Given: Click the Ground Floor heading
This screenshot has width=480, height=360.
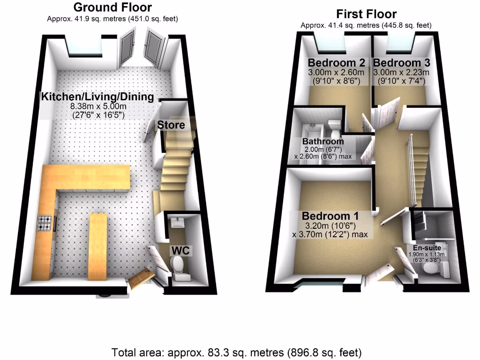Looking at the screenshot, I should click(112, 7).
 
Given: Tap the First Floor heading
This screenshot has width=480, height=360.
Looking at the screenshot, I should click(366, 14).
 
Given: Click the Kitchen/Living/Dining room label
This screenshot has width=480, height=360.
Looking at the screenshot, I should click(97, 97).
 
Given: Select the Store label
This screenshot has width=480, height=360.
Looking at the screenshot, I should click(171, 125).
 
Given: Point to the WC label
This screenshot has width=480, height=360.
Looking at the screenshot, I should click(180, 251).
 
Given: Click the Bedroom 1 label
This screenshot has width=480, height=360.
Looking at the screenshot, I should click(330, 216).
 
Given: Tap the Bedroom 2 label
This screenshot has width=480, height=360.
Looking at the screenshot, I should click(336, 63).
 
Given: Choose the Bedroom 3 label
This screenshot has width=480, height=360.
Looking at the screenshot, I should click(402, 63).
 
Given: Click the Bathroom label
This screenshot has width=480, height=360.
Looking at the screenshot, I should click(323, 141).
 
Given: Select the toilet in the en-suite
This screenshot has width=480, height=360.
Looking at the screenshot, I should click(430, 269).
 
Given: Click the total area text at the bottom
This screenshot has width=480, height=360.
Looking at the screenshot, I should click(237, 352).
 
